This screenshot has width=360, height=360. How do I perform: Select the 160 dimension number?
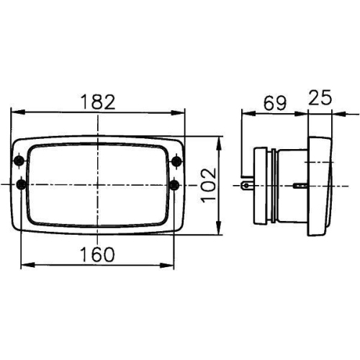98,254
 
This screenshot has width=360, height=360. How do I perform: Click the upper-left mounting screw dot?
19,159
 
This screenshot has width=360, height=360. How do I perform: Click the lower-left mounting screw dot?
19,185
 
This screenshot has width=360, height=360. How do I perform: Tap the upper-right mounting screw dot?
176,159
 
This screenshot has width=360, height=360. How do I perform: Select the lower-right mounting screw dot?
176,185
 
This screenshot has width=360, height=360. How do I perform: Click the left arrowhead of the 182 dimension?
14,112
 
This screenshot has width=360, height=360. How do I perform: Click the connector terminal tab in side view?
248,185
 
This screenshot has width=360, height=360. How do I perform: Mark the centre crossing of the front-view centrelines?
98,185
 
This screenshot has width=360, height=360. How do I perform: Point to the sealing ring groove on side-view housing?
272,185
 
